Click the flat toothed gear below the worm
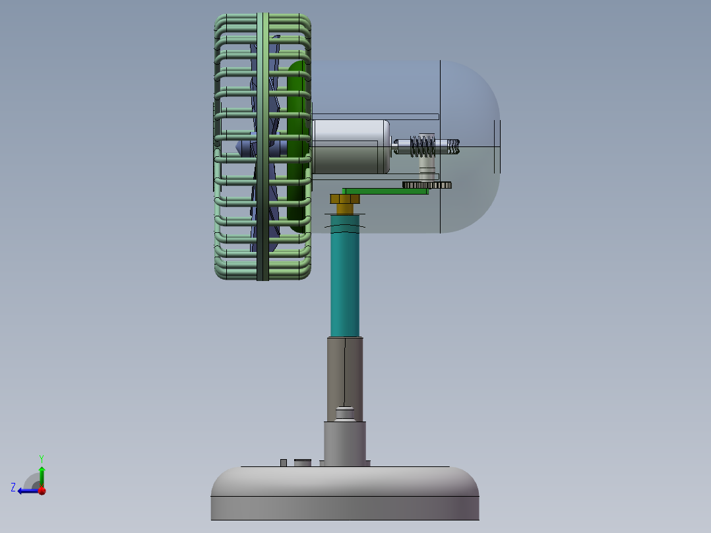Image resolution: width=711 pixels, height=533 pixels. (x=427, y=185)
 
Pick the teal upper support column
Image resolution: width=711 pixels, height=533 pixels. (x=345, y=277)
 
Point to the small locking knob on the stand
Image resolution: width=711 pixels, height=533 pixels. (x=344, y=413)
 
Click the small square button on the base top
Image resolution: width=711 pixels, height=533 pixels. (x=284, y=462)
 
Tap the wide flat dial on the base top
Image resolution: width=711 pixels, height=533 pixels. (x=303, y=462)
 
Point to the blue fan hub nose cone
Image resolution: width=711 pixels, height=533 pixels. (x=243, y=147)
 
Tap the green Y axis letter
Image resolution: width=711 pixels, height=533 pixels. (x=41, y=458)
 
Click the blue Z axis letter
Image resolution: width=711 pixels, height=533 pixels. (x=13, y=487)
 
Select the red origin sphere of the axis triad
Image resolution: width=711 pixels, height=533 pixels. (x=42, y=491)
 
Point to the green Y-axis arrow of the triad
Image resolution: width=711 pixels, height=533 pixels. (x=42, y=475)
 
